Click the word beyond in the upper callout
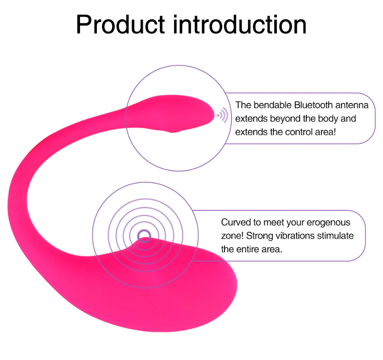click(x=287, y=118)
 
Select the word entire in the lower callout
click(x=248, y=249)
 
